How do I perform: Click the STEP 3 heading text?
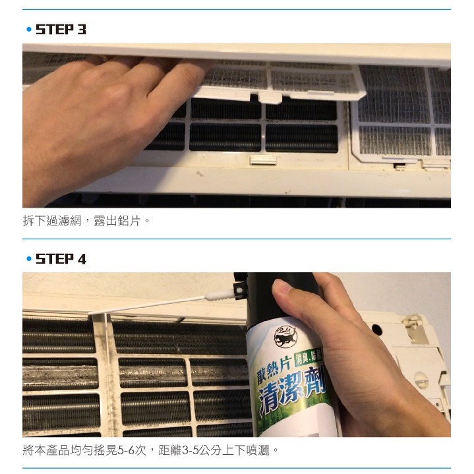pos(61,30)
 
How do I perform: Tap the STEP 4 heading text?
pos(61,259)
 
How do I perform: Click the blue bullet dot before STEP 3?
pos(28,30)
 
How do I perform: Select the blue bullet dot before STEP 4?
pos(28,260)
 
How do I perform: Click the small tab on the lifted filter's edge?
pos(268,98)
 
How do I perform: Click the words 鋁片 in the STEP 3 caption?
pos(131,221)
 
